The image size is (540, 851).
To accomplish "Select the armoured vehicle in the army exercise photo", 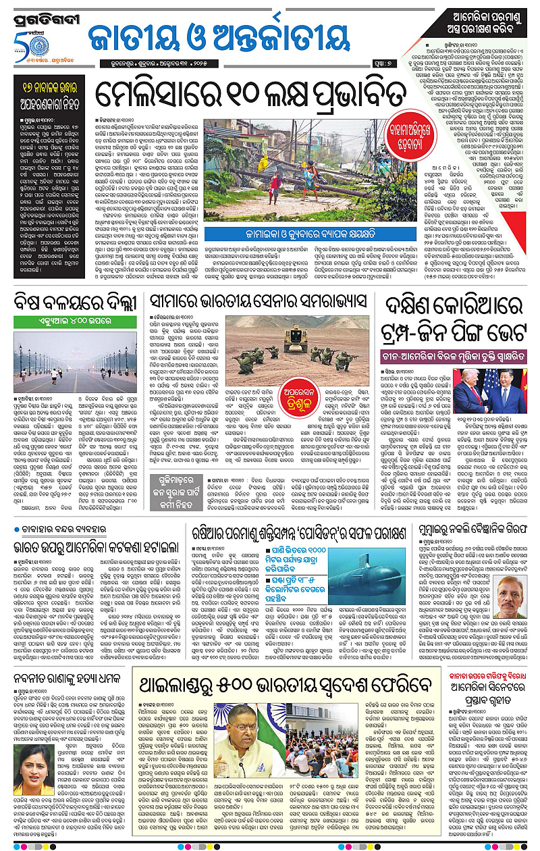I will point(295,339).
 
